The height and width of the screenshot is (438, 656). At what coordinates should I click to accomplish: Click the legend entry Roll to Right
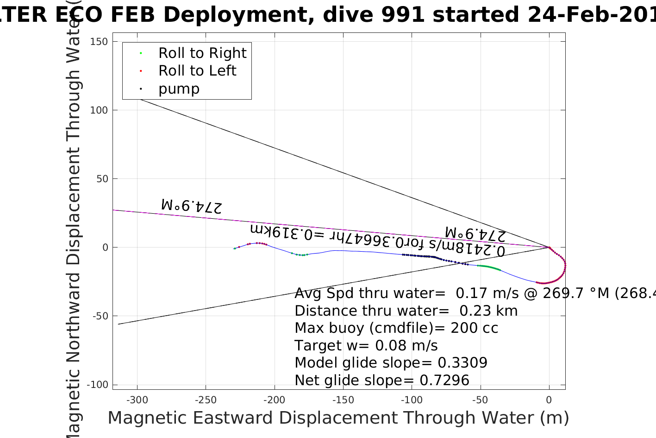202,53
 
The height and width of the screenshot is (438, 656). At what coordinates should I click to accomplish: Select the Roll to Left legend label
197,71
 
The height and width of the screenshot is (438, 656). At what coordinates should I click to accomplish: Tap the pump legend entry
179,89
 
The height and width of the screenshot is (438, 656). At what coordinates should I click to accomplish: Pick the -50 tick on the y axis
100,316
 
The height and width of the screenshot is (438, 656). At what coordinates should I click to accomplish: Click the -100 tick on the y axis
98,385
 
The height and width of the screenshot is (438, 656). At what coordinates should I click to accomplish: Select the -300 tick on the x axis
137,400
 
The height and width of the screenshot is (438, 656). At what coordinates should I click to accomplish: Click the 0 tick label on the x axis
549,400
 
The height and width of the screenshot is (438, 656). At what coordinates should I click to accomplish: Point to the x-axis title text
338,418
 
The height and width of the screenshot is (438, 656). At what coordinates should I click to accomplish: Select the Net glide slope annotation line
382,381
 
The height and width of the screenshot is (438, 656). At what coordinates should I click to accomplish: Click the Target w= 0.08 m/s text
366,346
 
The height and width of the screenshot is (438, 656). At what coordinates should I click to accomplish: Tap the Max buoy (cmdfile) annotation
396,328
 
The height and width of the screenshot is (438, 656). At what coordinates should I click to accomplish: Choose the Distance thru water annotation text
406,311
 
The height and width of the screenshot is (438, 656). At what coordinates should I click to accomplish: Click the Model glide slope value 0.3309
462,363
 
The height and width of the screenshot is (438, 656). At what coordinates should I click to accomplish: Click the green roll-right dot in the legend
141,53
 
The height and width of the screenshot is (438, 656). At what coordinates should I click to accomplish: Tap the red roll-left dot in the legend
141,71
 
